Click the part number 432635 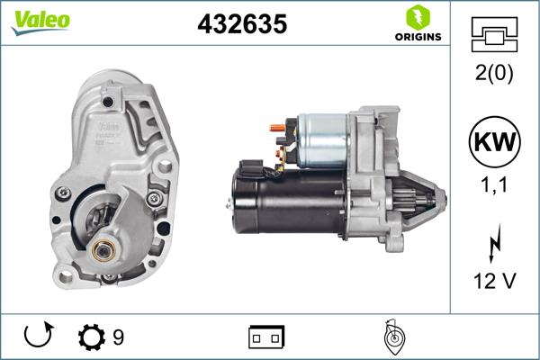tap(241, 24)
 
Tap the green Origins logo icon tap(417, 17)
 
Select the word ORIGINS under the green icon tap(418, 37)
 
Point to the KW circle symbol tap(495, 143)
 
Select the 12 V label tap(495, 281)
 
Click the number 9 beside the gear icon tap(118, 338)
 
